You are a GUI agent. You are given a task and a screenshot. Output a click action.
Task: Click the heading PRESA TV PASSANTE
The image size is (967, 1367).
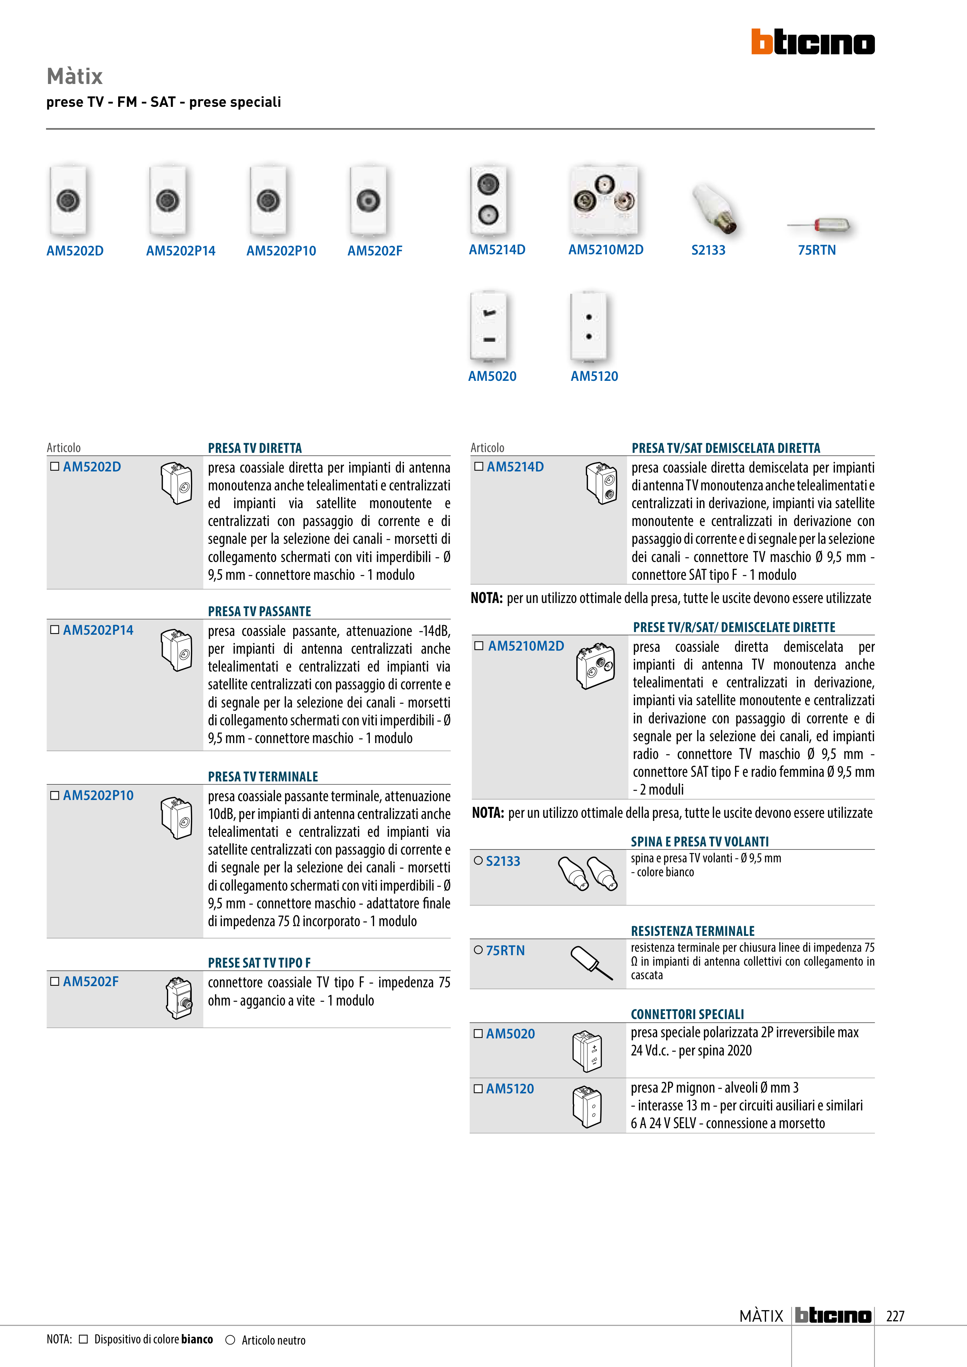tap(259, 612)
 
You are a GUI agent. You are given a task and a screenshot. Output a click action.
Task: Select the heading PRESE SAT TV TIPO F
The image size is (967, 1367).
tap(259, 963)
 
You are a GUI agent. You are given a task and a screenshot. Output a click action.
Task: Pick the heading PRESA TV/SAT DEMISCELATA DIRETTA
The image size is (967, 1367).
tap(726, 448)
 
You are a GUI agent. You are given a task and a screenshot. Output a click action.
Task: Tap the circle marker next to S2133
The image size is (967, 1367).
tap(478, 860)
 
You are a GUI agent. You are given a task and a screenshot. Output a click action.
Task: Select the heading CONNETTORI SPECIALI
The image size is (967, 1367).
tap(687, 1014)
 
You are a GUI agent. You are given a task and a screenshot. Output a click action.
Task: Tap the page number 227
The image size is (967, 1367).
tap(895, 1316)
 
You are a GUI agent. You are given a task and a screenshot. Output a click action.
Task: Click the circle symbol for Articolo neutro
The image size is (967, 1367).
tap(230, 1340)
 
